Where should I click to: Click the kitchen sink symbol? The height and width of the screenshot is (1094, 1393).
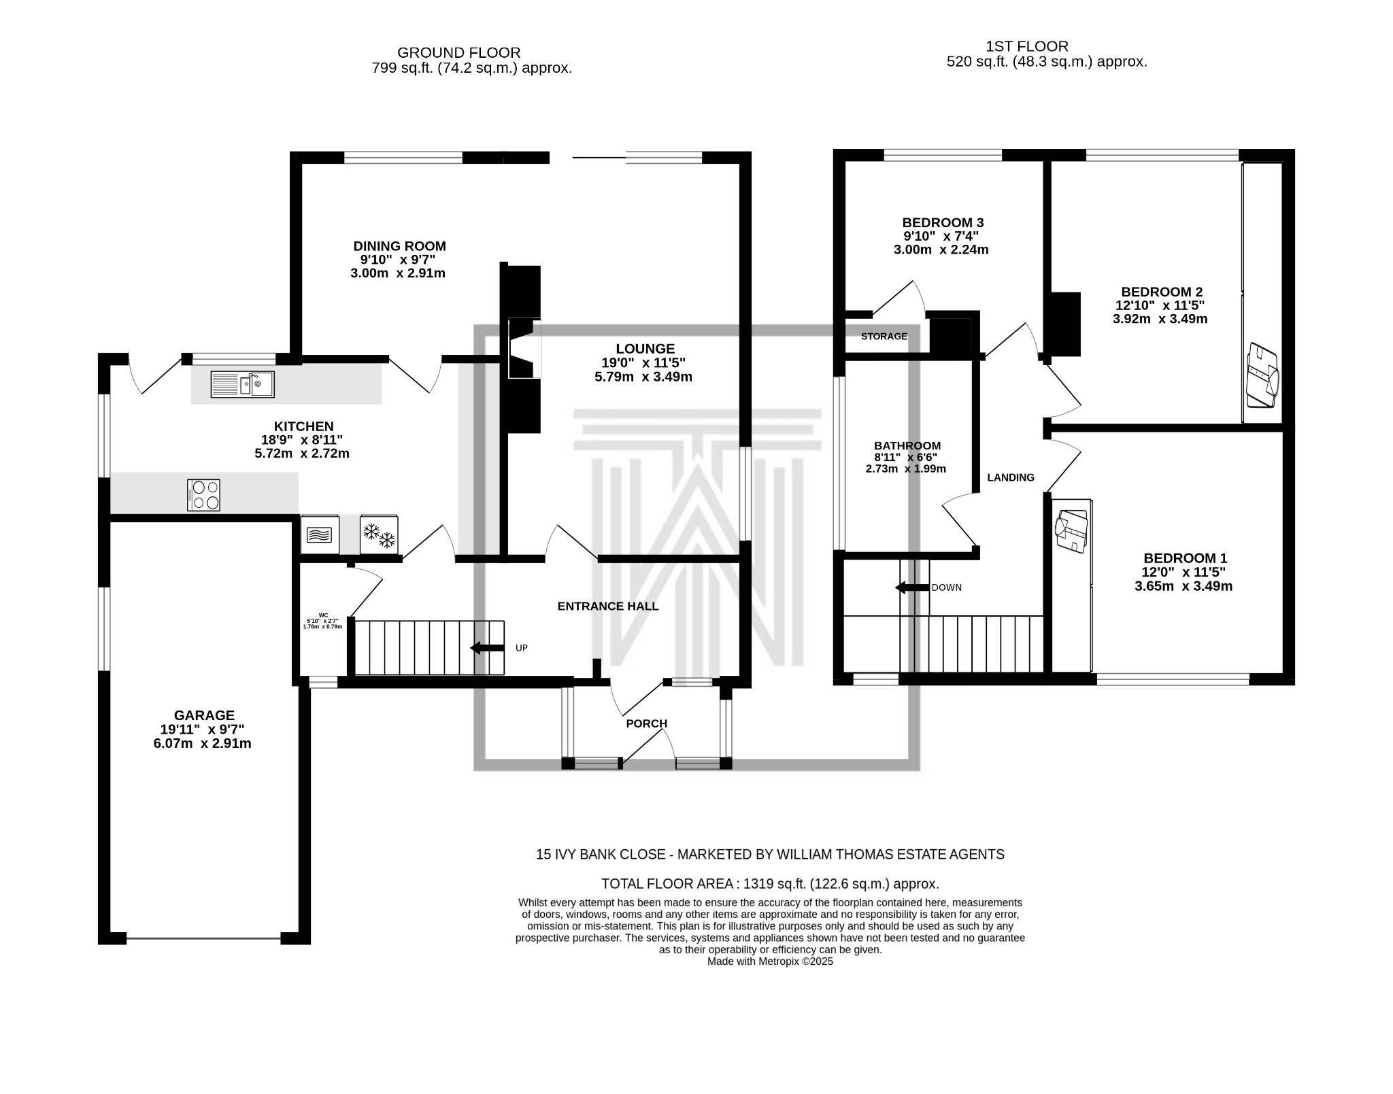click(242, 384)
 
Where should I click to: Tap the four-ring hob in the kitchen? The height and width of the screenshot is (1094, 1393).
click(203, 495)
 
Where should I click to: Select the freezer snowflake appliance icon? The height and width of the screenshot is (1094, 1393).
click(379, 535)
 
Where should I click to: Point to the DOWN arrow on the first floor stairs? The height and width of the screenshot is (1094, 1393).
click(912, 587)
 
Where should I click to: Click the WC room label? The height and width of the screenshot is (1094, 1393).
click(323, 615)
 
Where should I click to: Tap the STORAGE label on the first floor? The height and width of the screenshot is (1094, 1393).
click(884, 336)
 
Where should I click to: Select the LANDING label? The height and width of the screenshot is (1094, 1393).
click(1010, 477)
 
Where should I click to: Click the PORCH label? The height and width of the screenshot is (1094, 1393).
click(646, 723)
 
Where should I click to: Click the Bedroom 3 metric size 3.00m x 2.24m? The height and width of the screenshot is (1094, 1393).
click(941, 250)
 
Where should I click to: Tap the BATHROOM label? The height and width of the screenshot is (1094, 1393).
click(907, 446)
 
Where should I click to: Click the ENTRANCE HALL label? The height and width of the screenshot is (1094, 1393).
click(607, 606)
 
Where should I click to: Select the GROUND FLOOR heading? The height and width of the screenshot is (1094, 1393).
click(458, 52)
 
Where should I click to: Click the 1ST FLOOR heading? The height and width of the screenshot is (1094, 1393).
click(1026, 46)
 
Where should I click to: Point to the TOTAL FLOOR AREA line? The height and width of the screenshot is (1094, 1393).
click(770, 884)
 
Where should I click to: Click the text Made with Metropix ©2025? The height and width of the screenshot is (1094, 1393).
click(769, 961)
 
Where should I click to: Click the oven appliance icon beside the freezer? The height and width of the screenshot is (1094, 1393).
click(320, 535)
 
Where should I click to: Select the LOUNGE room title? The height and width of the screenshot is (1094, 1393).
click(645, 349)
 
